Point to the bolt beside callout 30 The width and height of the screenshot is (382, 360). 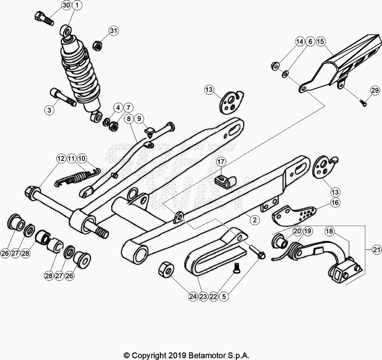pos(43,18)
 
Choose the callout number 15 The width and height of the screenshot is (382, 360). pos(320,42)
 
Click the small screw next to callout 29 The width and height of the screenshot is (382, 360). pos(363,101)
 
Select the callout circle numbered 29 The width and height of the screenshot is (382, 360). pos(374,90)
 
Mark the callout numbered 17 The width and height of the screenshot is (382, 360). pos(222,162)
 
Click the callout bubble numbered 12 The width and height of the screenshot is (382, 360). pos(61,158)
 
